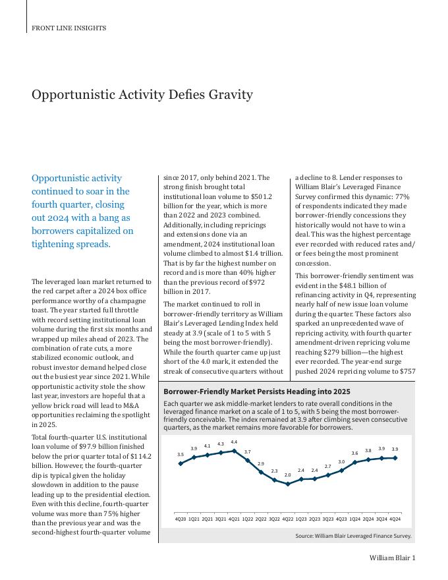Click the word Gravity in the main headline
231,94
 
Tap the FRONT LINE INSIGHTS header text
69,28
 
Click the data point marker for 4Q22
288,484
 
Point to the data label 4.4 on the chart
234,442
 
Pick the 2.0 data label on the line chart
288,475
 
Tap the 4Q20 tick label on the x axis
181,519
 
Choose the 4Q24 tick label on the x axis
395,519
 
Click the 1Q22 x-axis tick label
248,519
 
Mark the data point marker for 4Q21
234,451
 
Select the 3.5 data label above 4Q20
181,454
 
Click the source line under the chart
353,536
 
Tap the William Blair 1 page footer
391,558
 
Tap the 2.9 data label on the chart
261,464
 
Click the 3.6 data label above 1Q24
355,453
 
